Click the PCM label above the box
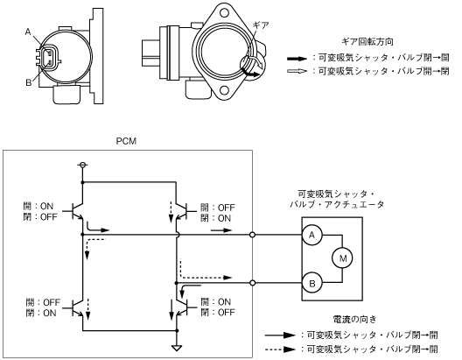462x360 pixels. pyautogui.click(x=126, y=141)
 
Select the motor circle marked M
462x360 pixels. pyautogui.click(x=343, y=258)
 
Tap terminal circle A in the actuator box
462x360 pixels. pyautogui.click(x=311, y=235)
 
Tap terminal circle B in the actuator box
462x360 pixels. pyautogui.click(x=311, y=283)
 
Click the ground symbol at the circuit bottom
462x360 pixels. pyautogui.click(x=177, y=348)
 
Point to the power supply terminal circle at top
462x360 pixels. pyautogui.click(x=83, y=165)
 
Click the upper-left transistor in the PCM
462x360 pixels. pyautogui.click(x=76, y=211)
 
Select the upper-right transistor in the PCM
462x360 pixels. pyautogui.click(x=183, y=211)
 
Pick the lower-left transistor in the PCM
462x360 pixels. pyautogui.click(x=76, y=307)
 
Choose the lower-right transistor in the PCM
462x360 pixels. pyautogui.click(x=183, y=307)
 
